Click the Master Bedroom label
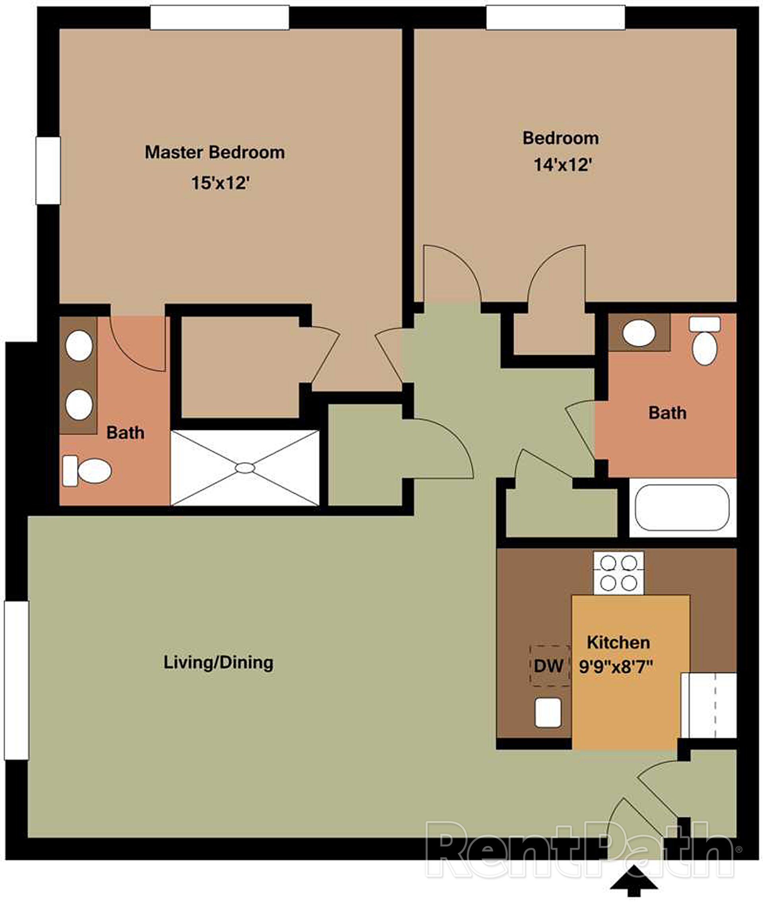point(215,152)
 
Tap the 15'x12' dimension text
point(221,183)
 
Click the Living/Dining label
point(219,662)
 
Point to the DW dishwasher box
point(549,666)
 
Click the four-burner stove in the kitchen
point(618,573)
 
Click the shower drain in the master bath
point(245,468)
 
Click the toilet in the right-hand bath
point(705,342)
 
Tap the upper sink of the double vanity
point(79,346)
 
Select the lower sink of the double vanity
point(79,404)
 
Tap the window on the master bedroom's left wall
point(48,171)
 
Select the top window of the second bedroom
point(556,18)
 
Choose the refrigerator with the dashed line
point(708,705)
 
